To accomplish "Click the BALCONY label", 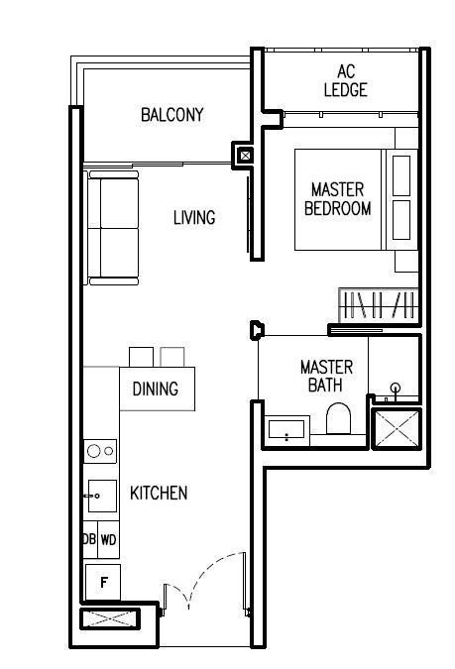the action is point(172,115).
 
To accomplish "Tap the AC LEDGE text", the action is point(345,80).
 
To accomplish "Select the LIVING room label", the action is point(194,218).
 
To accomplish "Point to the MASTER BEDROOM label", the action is point(337,199).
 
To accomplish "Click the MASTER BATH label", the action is point(326,376).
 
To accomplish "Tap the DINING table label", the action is point(156,389).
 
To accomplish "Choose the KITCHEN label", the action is point(159,493).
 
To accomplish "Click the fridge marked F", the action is point(103,582).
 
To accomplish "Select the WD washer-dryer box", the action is point(108,540).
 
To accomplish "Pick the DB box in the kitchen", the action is point(90,540).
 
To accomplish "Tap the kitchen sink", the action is point(102,496).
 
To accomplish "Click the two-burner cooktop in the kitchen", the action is point(100,451).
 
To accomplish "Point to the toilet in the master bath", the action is point(338,419).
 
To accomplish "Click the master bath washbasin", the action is point(286,430).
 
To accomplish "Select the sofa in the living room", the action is point(113,228).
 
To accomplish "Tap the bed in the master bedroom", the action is point(356,199).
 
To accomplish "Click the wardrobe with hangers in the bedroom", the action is point(378,305).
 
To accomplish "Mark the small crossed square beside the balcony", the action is point(246,156).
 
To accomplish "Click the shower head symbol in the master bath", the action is point(396,388).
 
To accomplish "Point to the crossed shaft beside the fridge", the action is point(110,618).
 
